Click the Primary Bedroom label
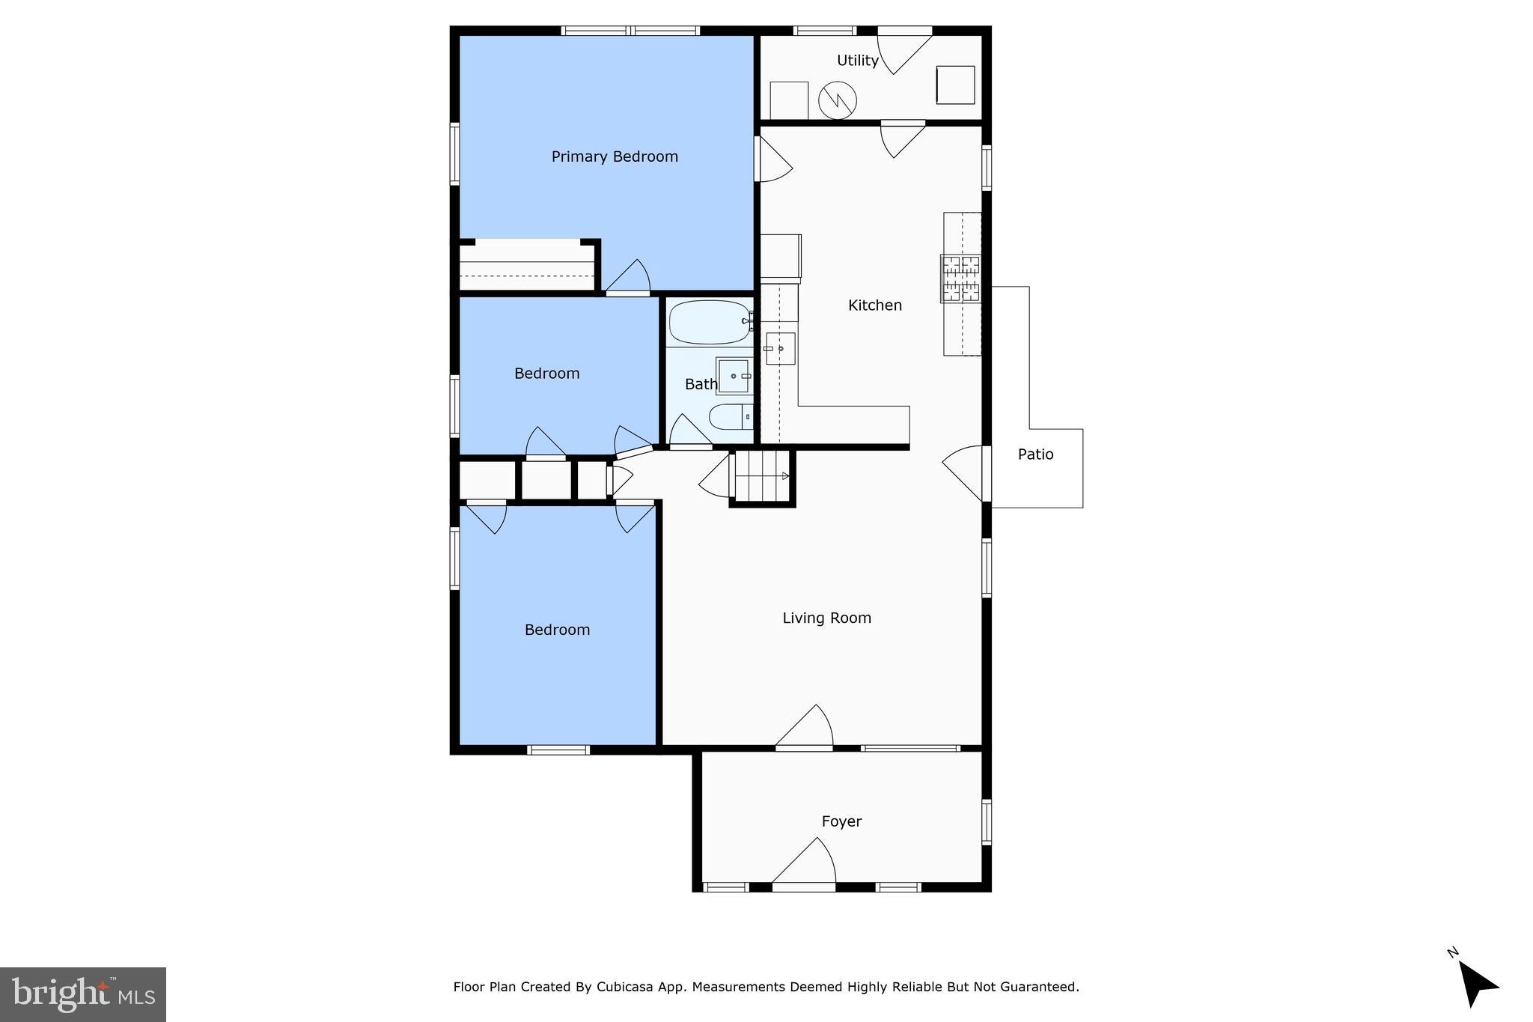tap(615, 156)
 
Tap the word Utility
tap(857, 61)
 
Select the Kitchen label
tap(874, 305)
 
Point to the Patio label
tap(1035, 454)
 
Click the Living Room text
tap(826, 618)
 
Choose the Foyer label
tap(841, 821)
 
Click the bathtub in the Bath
tap(709, 323)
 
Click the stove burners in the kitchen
tap(960, 279)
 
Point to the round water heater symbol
tap(837, 100)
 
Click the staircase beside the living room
tap(761, 476)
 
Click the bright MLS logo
tap(82, 994)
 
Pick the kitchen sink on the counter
tap(780, 349)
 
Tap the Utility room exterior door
tap(903, 51)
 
